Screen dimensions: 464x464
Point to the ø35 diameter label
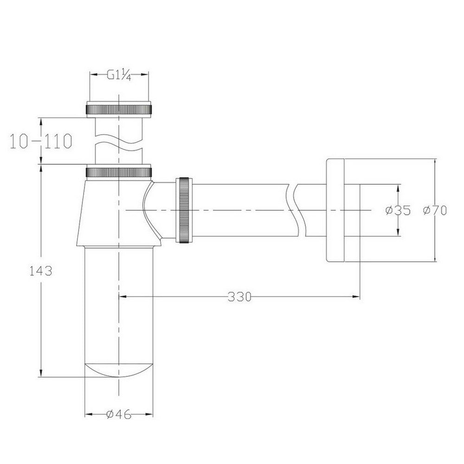pyautogui.click(x=398, y=210)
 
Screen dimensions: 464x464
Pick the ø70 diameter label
pyautogui.click(x=435, y=210)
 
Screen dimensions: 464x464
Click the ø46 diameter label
pyautogui.click(x=119, y=414)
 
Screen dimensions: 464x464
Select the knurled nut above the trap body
pyautogui.click(x=119, y=172)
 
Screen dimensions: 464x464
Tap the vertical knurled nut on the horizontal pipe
pyautogui.click(x=184, y=210)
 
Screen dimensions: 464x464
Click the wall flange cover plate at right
pyautogui.click(x=335, y=211)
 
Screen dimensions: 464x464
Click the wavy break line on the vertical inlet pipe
pyautogui.click(x=119, y=140)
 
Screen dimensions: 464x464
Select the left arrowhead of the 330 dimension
pyautogui.click(x=123, y=296)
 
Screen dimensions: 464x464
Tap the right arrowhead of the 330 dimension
pyautogui.click(x=357, y=296)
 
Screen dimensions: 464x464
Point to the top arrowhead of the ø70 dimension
pyautogui.click(x=435, y=163)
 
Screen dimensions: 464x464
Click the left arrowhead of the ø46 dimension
pyautogui.click(x=88, y=414)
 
